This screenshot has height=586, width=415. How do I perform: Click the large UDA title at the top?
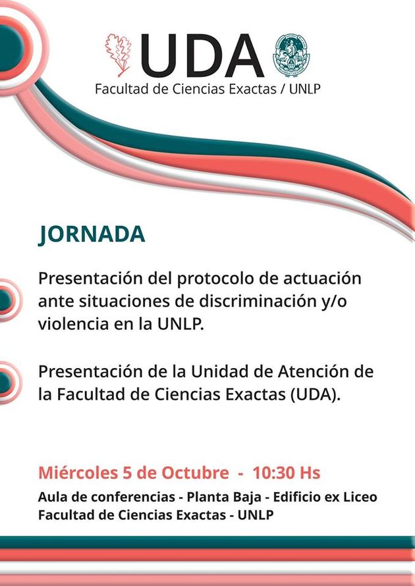tap(202, 55)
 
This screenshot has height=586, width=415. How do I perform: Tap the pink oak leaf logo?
tap(118, 55)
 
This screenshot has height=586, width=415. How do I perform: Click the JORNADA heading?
tap(92, 235)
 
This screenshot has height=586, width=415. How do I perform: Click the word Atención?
tap(314, 371)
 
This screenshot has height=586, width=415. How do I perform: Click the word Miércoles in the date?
tap(78, 473)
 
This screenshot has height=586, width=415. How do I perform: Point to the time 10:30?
tap(273, 473)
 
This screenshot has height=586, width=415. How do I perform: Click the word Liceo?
tap(358, 497)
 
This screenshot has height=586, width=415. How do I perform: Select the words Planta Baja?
tap(224, 497)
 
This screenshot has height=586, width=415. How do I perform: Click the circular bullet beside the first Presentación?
tap(7, 300)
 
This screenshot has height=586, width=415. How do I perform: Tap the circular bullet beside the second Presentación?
tap(7, 383)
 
